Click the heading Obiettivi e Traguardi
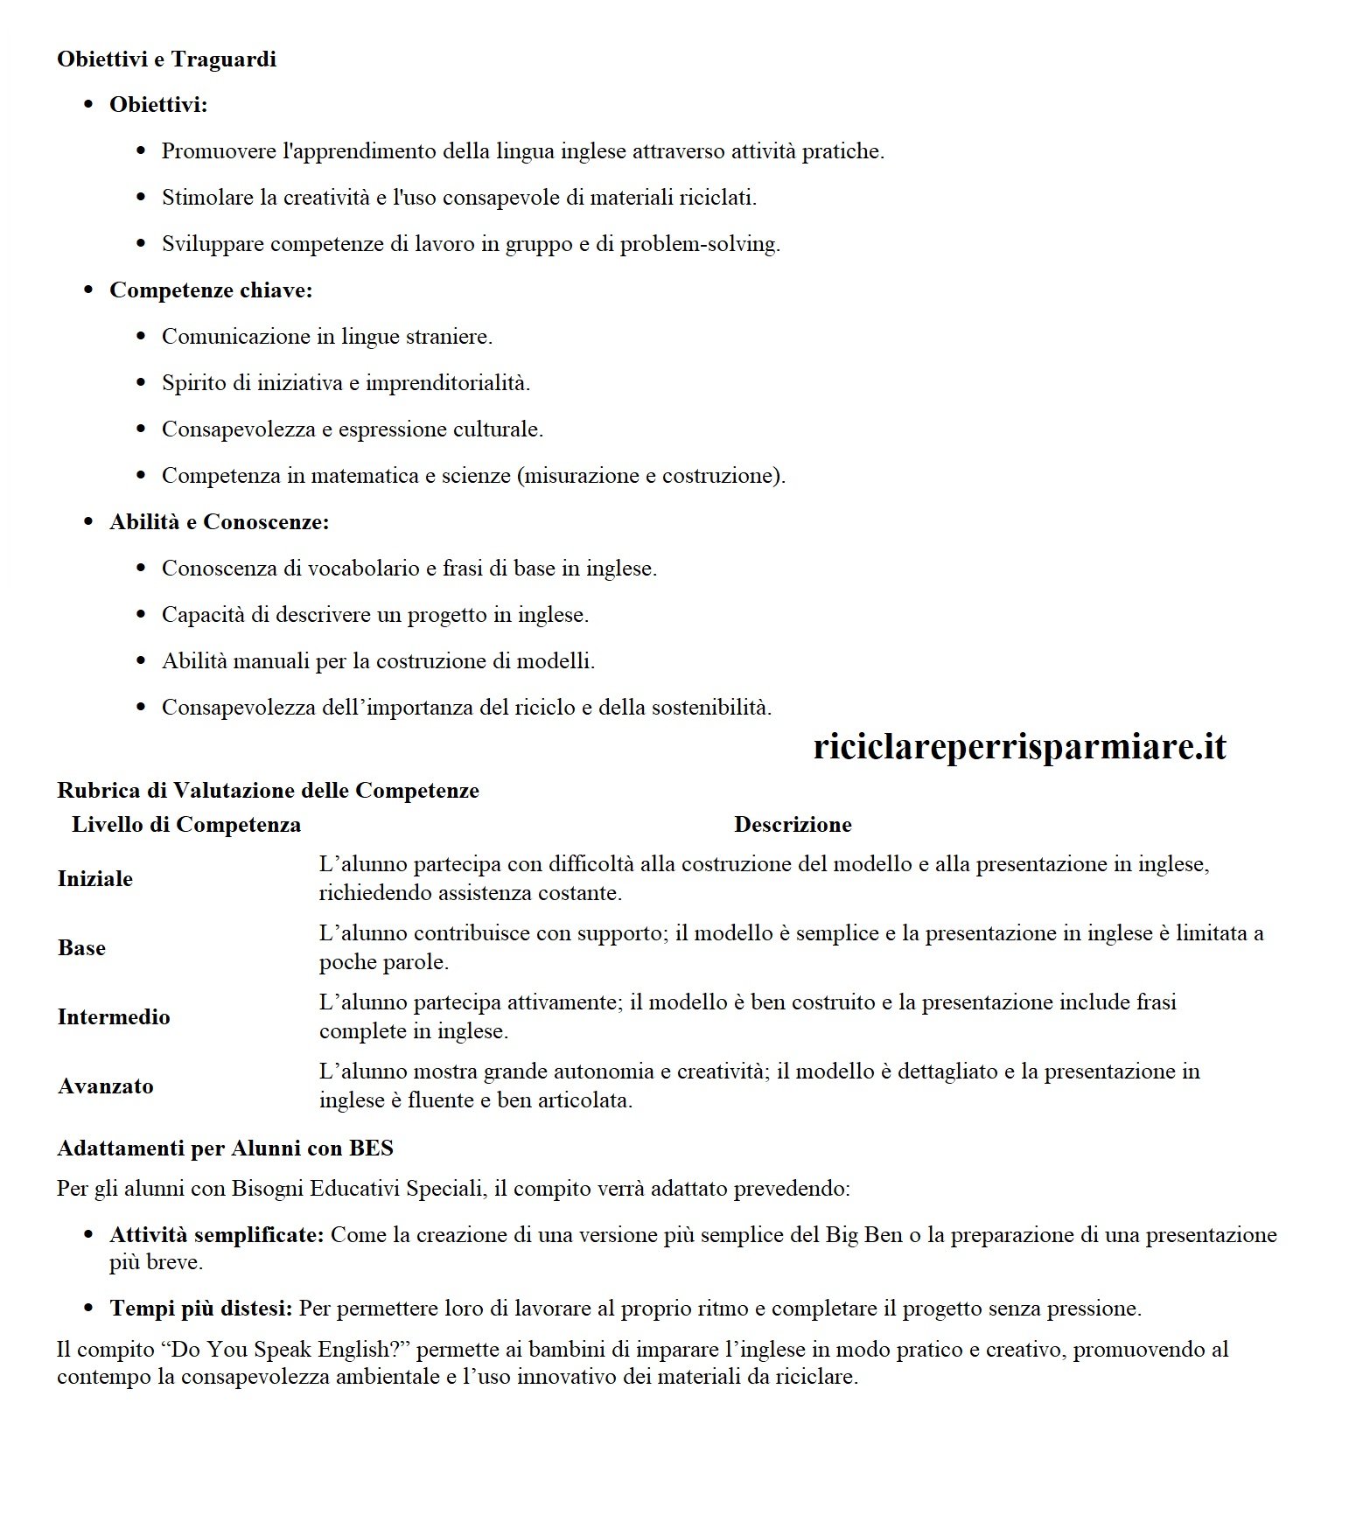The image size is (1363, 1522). (166, 59)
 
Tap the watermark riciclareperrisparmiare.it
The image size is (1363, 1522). (1019, 747)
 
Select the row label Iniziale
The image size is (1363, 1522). (95, 879)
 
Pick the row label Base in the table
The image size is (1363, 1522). (81, 948)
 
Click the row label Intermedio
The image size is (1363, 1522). (114, 1017)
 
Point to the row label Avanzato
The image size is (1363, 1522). (106, 1086)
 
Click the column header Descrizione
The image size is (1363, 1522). (792, 825)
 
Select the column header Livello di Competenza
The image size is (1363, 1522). (186, 825)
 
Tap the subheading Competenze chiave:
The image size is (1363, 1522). (211, 290)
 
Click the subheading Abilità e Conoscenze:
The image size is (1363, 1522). (219, 522)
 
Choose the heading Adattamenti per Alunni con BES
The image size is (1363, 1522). (225, 1148)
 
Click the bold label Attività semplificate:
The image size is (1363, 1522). (217, 1235)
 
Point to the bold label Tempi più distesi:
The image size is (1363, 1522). (200, 1309)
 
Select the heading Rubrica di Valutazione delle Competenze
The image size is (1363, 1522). (268, 791)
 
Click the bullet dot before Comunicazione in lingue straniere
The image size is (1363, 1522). (142, 337)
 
